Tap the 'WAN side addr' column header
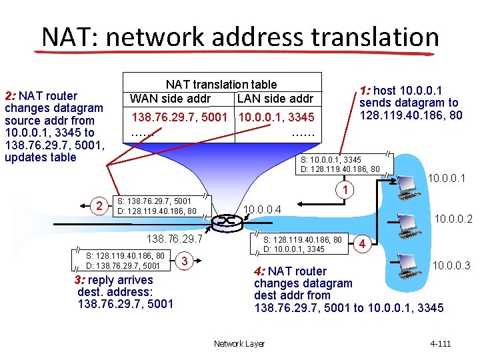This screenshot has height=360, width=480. click(x=170, y=99)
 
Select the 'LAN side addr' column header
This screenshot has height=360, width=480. click(x=274, y=99)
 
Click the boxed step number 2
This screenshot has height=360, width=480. click(x=99, y=205)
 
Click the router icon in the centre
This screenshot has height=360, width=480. click(x=229, y=219)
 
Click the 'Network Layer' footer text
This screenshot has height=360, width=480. click(x=239, y=343)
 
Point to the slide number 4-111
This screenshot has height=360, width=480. click(x=441, y=343)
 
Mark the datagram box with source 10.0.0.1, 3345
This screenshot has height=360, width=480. click(x=340, y=164)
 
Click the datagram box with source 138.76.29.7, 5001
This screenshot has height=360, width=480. click(x=157, y=206)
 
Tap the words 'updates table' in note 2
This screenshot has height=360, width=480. click(x=40, y=157)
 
